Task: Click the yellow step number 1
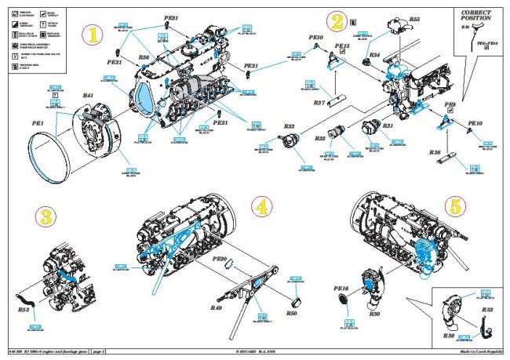coord(94,36)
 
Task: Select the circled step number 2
coord(337,22)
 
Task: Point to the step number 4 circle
coord(261,207)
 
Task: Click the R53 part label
coord(24,310)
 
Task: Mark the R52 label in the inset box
coord(487,311)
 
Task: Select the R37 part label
coord(319,103)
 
